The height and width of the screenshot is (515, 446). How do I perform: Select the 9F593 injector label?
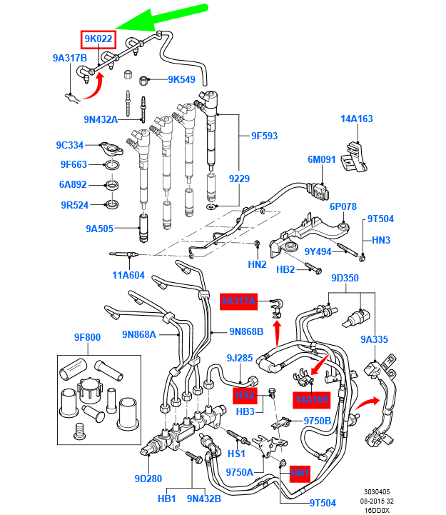(264, 135)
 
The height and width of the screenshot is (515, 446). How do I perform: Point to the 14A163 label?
(357, 119)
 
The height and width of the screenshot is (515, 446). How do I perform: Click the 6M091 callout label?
(321, 159)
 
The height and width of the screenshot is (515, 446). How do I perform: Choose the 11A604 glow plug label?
(128, 275)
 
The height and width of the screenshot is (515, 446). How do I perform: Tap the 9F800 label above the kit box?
(88, 338)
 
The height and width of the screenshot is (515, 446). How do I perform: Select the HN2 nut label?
(257, 264)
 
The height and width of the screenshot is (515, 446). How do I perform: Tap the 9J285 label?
(240, 357)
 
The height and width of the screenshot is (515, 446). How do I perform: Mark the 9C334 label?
(71, 145)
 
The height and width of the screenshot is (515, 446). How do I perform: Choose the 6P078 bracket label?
(343, 206)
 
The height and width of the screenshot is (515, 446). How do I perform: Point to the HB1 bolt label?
(166, 499)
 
